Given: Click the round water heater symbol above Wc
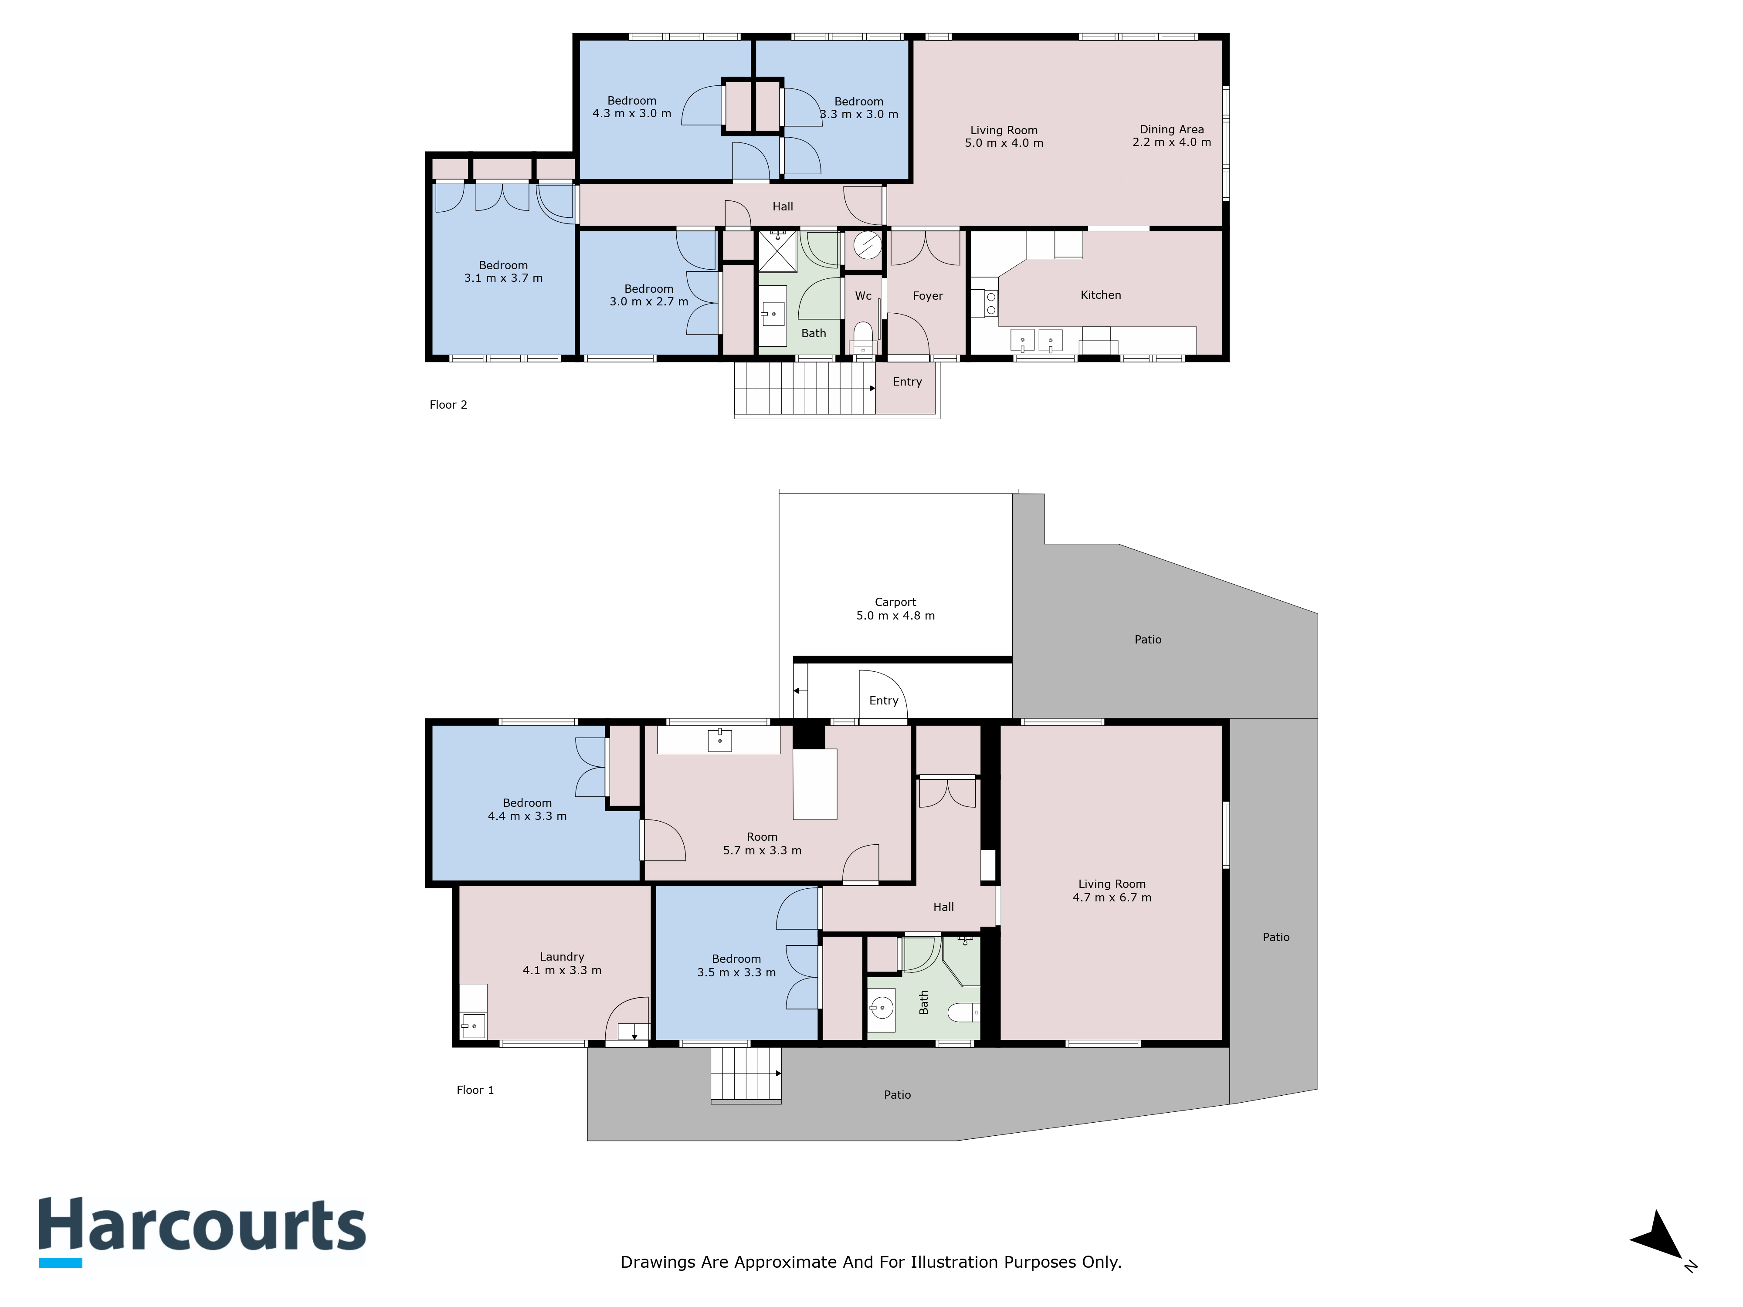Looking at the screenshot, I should coord(868,246).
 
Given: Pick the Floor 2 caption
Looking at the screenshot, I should coord(448,405).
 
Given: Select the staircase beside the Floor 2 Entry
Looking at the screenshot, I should coord(804,388).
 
